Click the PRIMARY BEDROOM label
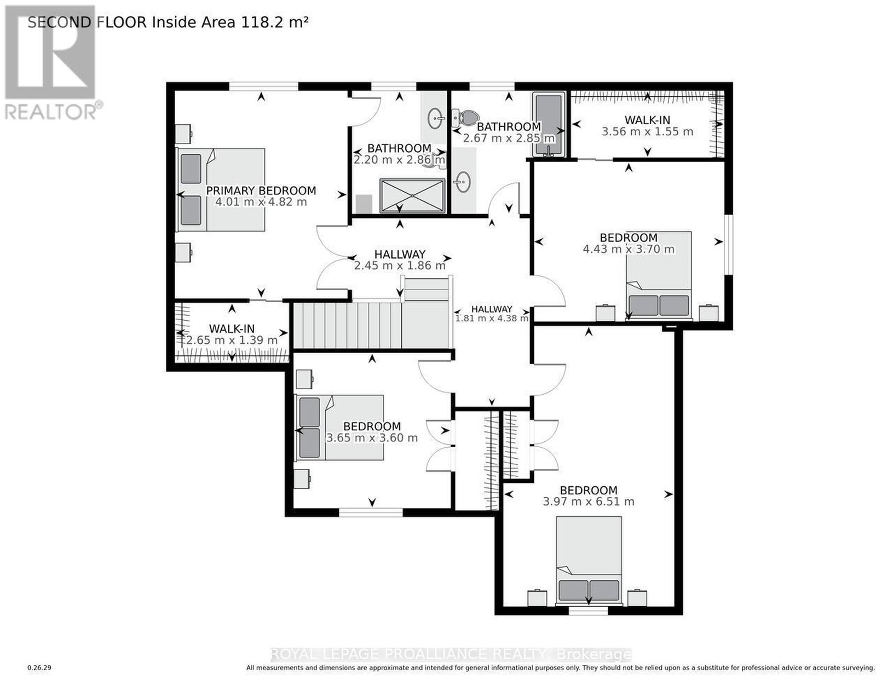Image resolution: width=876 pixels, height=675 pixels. click(x=261, y=190)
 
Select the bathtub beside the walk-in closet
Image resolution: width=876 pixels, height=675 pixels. click(x=548, y=125)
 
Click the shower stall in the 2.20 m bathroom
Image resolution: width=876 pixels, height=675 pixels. click(x=412, y=196)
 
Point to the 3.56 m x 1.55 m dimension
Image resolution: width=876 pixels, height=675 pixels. click(x=647, y=131)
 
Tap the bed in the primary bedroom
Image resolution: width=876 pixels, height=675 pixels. click(x=221, y=189)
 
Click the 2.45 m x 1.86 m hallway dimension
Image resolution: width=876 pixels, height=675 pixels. click(x=400, y=266)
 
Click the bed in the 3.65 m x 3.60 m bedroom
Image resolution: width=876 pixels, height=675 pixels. click(x=341, y=427)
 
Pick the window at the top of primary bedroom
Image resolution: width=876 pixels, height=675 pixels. click(x=263, y=86)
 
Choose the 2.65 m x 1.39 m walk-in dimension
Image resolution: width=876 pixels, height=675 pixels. click(x=232, y=340)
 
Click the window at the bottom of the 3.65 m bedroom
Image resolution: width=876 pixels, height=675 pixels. click(x=371, y=512)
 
